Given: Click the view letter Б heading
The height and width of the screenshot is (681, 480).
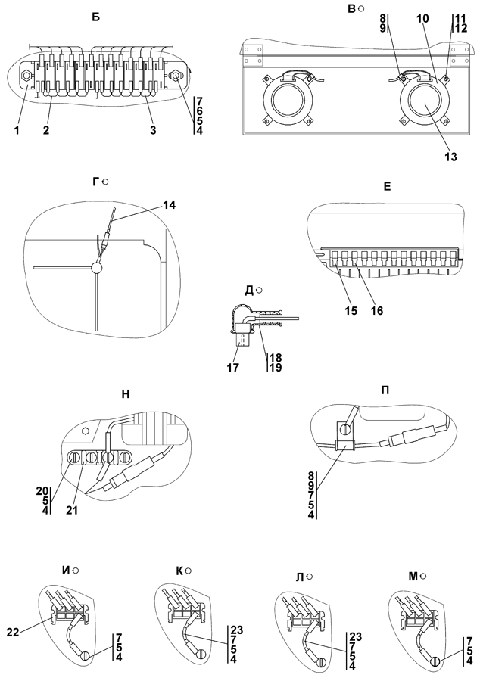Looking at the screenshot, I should tap(95, 16).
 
